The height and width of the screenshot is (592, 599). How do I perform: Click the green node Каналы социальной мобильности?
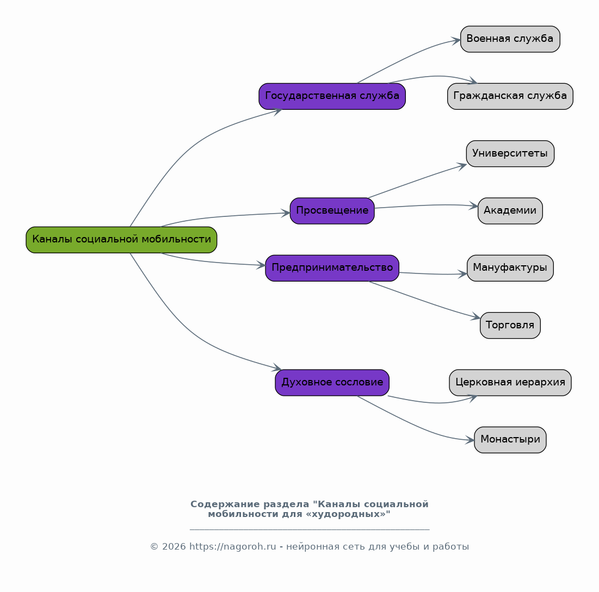pyautogui.click(x=121, y=240)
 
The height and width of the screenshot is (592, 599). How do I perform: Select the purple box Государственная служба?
pyautogui.click(x=332, y=96)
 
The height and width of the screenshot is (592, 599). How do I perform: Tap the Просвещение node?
pyautogui.click(x=332, y=211)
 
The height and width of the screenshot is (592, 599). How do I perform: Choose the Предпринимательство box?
pyautogui.click(x=332, y=268)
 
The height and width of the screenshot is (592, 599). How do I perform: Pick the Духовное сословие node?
pyautogui.click(x=332, y=383)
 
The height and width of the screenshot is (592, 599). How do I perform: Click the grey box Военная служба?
pyautogui.click(x=510, y=39)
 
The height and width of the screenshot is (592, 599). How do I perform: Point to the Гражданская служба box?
pyautogui.click(x=510, y=96)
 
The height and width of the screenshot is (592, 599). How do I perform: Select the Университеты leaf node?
pyautogui.click(x=510, y=153)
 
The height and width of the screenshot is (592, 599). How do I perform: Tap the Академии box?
pyautogui.click(x=510, y=211)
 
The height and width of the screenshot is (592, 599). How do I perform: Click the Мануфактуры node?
pyautogui.click(x=510, y=268)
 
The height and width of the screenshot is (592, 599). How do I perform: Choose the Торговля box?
pyautogui.click(x=510, y=325)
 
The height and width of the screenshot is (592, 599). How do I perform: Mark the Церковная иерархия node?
pyautogui.click(x=510, y=383)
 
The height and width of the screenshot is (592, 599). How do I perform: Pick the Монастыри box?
pyautogui.click(x=510, y=440)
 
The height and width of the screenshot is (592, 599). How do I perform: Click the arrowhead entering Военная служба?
pyautogui.click(x=456, y=40)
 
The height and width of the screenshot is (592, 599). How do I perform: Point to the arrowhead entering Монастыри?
pyautogui.click(x=470, y=440)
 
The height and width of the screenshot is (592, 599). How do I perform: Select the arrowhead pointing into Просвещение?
pyautogui.click(x=286, y=213)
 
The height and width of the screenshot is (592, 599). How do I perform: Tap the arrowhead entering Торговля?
pyautogui.click(x=476, y=316)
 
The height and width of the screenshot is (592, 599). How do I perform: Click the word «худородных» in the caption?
pyautogui.click(x=348, y=514)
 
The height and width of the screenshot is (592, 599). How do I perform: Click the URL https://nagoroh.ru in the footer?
pyautogui.click(x=233, y=546)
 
